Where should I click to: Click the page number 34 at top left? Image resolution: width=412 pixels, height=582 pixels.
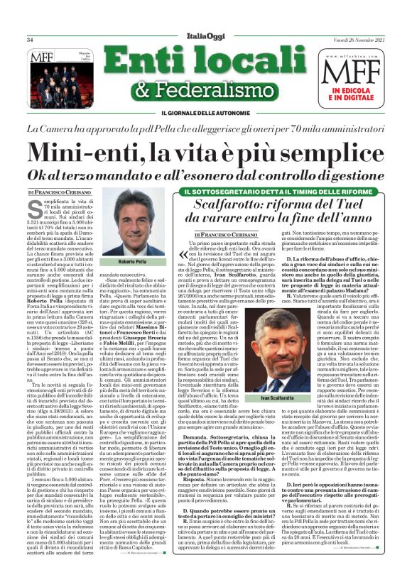coord(31,40)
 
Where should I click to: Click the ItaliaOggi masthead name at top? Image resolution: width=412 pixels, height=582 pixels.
coord(206,37)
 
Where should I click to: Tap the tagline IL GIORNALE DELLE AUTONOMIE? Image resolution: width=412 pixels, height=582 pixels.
coord(206,114)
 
